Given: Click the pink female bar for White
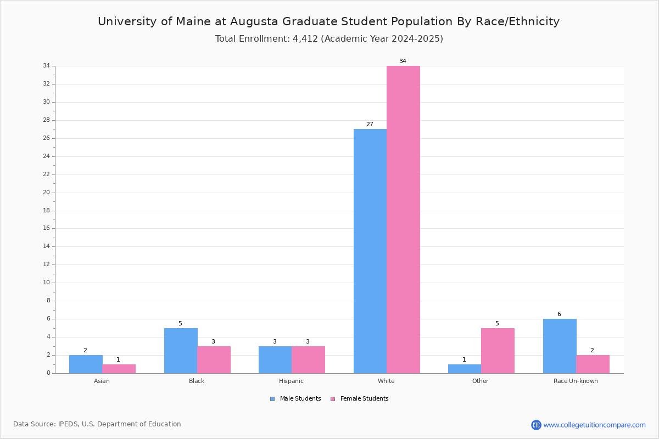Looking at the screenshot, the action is pos(403,219).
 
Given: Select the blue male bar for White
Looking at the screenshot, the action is pos(370,251).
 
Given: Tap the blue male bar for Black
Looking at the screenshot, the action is pos(181,351).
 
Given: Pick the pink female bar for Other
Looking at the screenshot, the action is pos(498,351).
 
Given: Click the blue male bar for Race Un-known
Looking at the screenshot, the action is pos(560,346).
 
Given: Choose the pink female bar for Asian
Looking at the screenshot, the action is pos(119,369).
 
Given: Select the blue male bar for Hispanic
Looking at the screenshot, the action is pos(275,359).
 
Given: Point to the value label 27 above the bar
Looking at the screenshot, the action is pos(370,124).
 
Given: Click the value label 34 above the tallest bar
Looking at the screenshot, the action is pos(403,61).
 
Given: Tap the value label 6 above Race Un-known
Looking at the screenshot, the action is pos(559,314).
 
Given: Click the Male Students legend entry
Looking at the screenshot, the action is pos(295,398).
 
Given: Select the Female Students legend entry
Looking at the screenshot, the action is pos(360,398).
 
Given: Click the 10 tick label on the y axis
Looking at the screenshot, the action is pos(47,282).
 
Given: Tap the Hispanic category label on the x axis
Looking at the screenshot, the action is pos(291,381).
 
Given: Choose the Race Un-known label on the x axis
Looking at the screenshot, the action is pos(576,381).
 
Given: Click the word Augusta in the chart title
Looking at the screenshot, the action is pos(254,22).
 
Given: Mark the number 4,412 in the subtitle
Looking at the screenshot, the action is pos(305,39).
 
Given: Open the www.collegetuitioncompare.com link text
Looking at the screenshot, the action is pos(594,425).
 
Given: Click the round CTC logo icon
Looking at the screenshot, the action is pos(536,425).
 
